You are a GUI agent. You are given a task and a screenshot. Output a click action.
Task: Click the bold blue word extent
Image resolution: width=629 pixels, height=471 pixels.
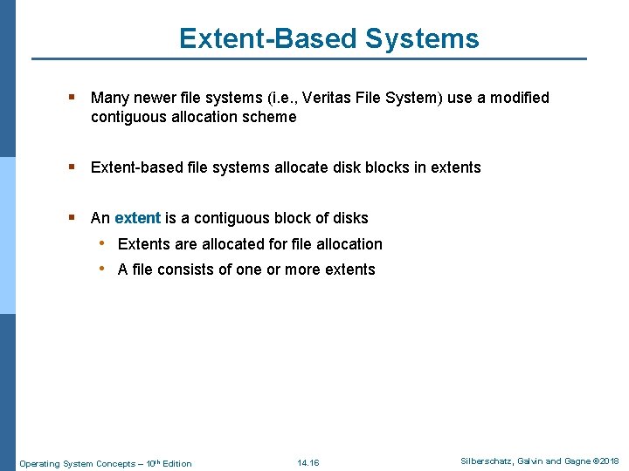click(137, 218)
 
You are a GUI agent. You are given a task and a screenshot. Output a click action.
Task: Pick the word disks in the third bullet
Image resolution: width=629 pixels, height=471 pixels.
click(350, 218)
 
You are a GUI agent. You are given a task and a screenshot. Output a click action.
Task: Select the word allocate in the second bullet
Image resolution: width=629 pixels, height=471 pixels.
click(294, 167)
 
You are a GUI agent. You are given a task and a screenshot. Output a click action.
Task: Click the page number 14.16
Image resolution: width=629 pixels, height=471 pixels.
click(308, 462)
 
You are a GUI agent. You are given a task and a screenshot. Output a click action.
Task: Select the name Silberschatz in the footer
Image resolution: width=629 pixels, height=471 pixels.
click(487, 461)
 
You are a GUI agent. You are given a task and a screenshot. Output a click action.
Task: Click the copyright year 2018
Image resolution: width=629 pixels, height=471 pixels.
click(609, 461)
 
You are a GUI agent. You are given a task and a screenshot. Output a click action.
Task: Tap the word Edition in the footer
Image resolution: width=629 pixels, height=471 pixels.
click(176, 463)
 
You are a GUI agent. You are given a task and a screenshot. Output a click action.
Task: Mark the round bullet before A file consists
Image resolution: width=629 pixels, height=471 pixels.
click(102, 269)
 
